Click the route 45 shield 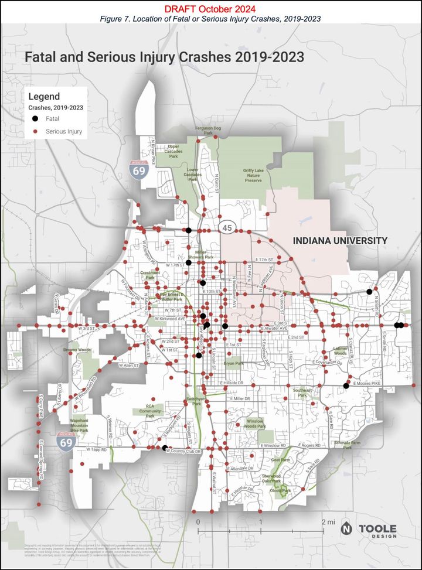[227, 227]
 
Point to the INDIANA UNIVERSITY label [340, 241]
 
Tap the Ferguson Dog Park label [208, 130]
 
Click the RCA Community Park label [154, 411]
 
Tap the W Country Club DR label [183, 452]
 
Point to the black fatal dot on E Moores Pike [346, 385]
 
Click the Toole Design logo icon [347, 527]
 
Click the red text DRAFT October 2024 [210, 9]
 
